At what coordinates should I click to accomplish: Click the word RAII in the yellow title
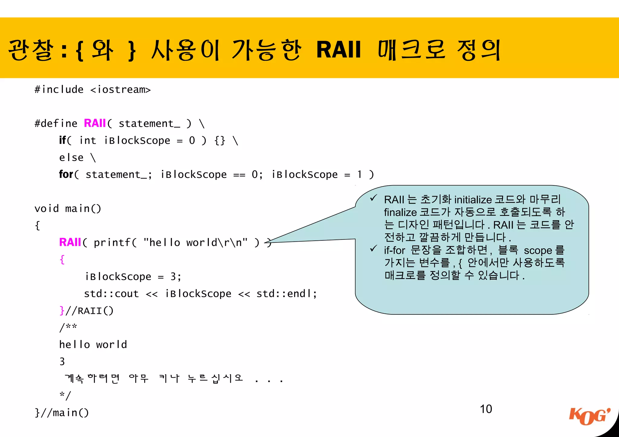pyautogui.click(x=339, y=50)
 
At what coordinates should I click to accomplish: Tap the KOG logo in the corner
pyautogui.click(x=589, y=417)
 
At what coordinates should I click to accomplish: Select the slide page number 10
pyautogui.click(x=486, y=409)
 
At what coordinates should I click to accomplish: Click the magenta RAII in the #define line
pyautogui.click(x=95, y=123)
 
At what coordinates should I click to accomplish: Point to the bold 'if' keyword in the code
pyautogui.click(x=63, y=140)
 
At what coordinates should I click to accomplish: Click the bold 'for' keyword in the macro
pyautogui.click(x=66, y=174)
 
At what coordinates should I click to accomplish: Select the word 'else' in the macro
pyautogui.click(x=71, y=157)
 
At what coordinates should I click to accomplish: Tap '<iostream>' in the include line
pyautogui.click(x=120, y=90)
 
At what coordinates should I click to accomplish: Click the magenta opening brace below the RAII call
pyautogui.click(x=62, y=259)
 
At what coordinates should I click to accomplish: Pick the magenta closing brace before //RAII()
pyautogui.click(x=62, y=310)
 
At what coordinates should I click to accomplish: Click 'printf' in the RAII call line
pyautogui.click(x=112, y=243)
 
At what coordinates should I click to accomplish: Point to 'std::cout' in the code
pyautogui.click(x=111, y=294)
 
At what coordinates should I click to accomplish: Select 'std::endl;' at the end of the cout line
pyautogui.click(x=287, y=294)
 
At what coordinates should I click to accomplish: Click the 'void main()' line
pyautogui.click(x=68, y=208)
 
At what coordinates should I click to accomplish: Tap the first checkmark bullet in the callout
pyautogui.click(x=374, y=198)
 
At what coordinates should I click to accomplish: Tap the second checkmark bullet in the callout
pyautogui.click(x=374, y=249)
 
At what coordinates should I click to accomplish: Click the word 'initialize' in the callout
pyautogui.click(x=473, y=200)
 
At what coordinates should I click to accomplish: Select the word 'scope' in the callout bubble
pyautogui.click(x=538, y=250)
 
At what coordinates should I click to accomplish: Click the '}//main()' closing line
pyautogui.click(x=62, y=413)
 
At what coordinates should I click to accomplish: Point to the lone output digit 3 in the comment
pyautogui.click(x=62, y=361)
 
